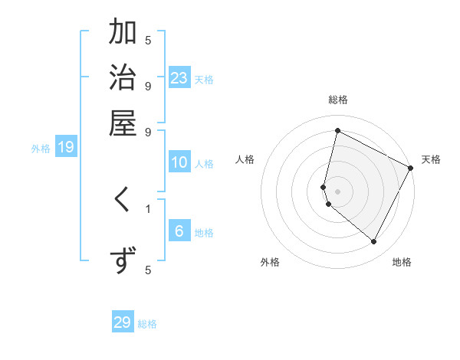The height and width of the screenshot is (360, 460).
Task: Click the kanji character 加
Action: click(123, 33)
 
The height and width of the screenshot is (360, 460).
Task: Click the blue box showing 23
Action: click(179, 77)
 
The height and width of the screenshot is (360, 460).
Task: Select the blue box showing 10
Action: click(179, 162)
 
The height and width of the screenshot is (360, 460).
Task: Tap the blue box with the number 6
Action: click(179, 231)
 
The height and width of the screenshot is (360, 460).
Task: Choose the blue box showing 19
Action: click(66, 147)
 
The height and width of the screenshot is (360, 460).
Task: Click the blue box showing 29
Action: click(123, 322)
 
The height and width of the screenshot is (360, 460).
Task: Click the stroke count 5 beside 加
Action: click(148, 40)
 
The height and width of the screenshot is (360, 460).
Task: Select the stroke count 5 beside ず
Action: click(148, 270)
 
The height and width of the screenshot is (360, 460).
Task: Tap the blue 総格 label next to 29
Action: click(147, 324)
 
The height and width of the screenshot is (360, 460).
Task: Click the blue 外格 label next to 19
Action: click(41, 149)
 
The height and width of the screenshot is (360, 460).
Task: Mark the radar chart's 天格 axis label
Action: click(431, 159)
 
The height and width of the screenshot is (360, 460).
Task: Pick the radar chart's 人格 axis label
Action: click(245, 159)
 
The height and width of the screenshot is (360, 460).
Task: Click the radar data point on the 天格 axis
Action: click(411, 169)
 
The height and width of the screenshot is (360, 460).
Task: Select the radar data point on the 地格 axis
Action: click(374, 242)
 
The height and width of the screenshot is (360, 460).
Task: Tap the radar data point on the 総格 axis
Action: click(337, 131)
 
